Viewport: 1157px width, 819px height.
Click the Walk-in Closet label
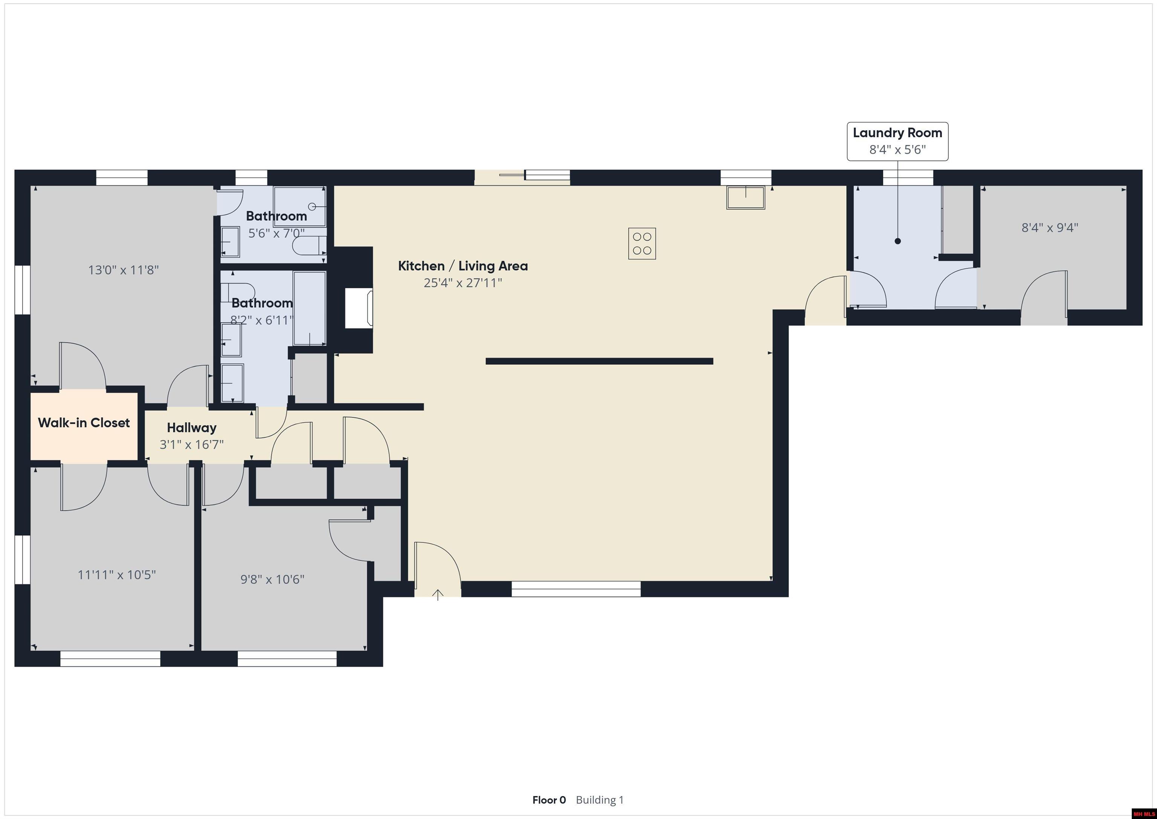pos(84,423)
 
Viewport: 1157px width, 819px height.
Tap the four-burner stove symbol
pos(642,243)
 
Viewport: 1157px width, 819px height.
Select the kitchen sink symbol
pos(746,197)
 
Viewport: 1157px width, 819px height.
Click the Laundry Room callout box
pos(898,141)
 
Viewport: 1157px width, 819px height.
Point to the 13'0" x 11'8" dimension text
pos(124,270)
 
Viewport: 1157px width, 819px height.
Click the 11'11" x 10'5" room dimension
pos(117,575)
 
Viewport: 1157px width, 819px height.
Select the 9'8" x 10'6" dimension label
pos(273,579)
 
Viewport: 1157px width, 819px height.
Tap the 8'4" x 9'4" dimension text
pos(1050,227)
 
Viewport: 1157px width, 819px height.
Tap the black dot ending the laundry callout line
pos(898,241)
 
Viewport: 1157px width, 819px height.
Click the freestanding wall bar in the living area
pos(599,361)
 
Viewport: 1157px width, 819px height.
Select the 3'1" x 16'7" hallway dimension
pos(191,444)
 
